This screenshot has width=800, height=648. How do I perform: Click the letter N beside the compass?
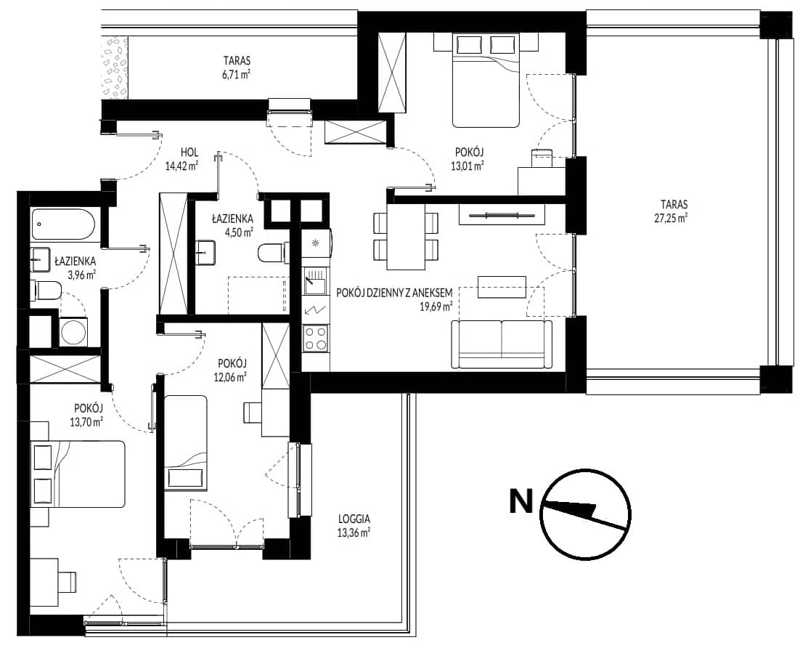coord(521,501)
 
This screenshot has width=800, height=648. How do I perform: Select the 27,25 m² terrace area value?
coord(674,217)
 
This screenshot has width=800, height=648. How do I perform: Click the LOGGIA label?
coord(354,519)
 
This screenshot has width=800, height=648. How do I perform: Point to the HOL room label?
coord(189,152)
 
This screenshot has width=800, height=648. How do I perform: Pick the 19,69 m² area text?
coord(438,307)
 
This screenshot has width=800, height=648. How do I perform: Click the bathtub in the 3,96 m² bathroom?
coord(63,224)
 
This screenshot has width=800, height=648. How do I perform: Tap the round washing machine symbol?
coord(74,333)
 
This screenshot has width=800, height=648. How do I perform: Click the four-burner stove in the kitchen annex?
coord(315,339)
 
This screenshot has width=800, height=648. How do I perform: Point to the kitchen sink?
coord(315,283)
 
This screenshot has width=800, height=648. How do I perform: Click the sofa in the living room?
coord(502,344)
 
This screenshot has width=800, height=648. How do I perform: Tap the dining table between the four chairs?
coord(406,236)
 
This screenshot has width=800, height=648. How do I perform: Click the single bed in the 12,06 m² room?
coord(186,442)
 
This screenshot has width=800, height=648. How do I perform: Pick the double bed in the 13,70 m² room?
coord(78,474)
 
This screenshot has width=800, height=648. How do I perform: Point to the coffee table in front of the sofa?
coord(502,287)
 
